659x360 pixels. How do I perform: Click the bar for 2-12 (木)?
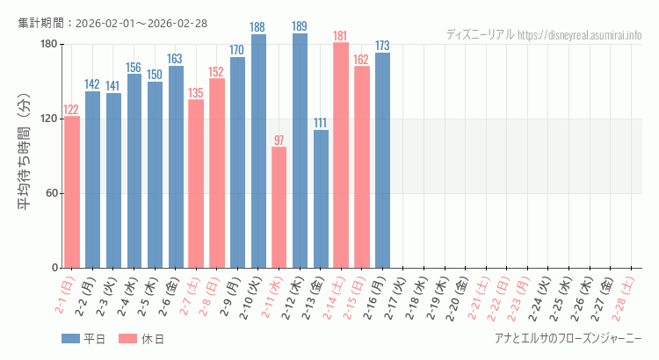point(300,150)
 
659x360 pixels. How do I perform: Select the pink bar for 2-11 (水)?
point(279,207)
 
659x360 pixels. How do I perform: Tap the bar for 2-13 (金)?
point(321,198)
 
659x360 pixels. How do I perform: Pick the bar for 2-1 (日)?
point(71,191)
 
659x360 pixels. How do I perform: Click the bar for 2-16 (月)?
point(382,160)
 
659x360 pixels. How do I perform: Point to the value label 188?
point(258,27)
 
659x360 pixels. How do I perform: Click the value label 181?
point(341,36)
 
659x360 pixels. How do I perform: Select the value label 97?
point(279,140)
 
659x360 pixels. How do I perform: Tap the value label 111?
point(321,123)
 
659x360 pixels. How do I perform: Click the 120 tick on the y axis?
point(48,119)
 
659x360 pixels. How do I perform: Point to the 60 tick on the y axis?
point(51,193)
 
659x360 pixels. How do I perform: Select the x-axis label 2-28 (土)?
point(626,296)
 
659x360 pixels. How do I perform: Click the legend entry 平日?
point(84,339)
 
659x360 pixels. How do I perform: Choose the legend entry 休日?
point(142,339)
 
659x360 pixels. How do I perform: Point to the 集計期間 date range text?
point(112,23)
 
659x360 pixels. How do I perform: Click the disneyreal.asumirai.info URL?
point(580,35)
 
